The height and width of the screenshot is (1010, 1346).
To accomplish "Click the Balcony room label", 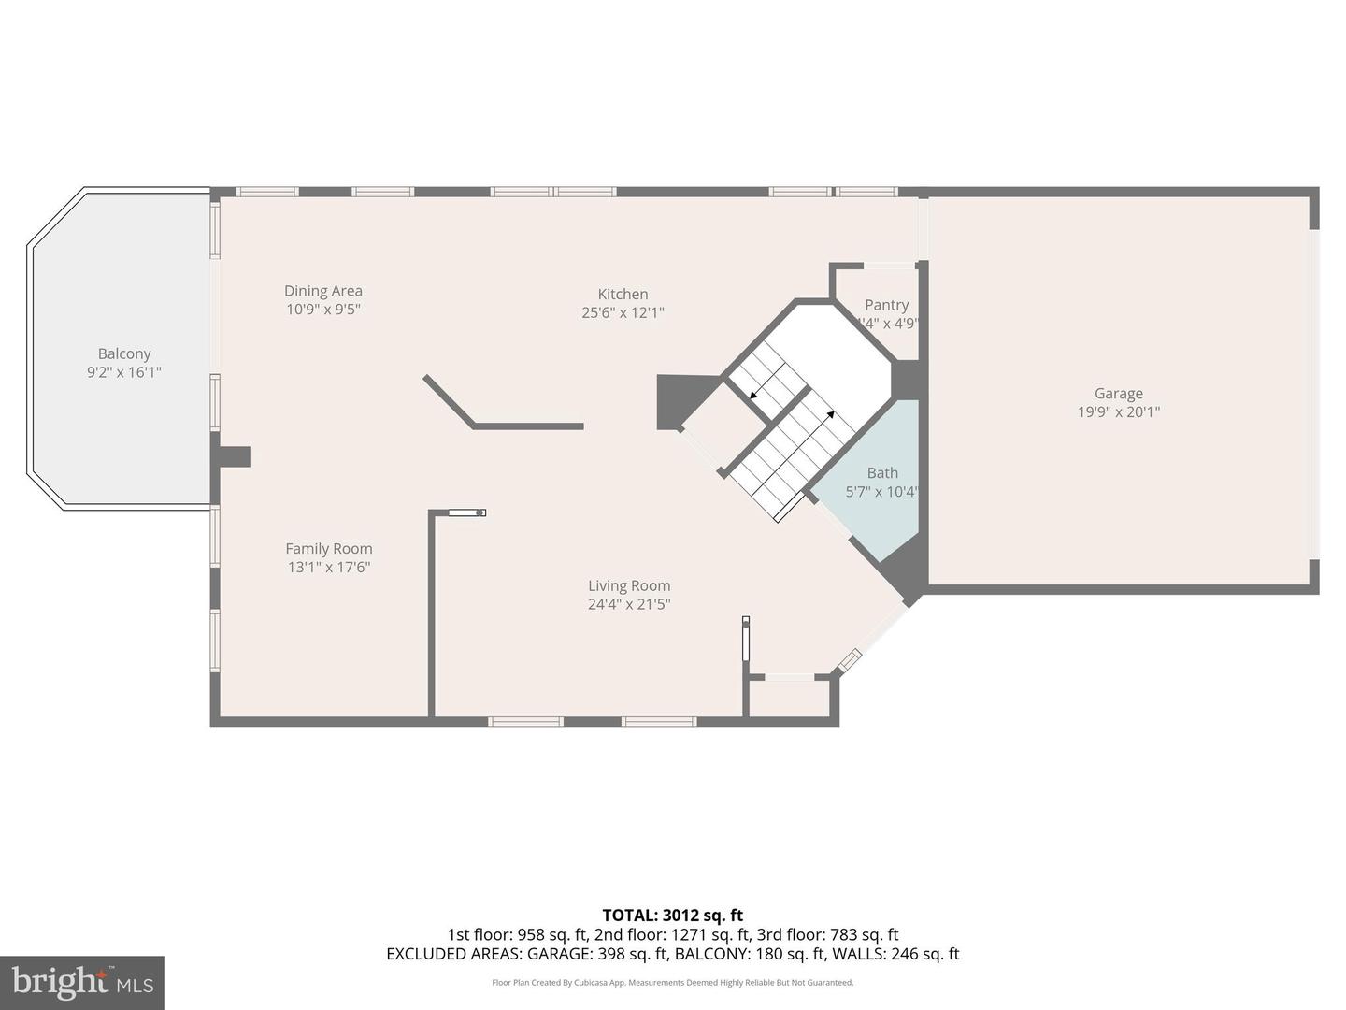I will coord(124,353).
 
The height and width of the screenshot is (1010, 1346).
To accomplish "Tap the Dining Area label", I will coord(323,291).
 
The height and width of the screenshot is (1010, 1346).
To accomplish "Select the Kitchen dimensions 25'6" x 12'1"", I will coord(623,313).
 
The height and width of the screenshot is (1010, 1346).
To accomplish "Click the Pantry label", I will coord(886,305).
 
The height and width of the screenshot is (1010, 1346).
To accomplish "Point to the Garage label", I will coord(1119,394).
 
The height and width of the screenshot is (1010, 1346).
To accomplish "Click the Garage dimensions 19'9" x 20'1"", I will coord(1119,411).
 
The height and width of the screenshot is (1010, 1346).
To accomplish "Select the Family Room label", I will coord(329,549).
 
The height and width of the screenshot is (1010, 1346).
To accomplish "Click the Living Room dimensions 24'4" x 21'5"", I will coord(629,604).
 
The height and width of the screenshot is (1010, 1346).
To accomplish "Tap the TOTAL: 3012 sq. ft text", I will coord(672,916).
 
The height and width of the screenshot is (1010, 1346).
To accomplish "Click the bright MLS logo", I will coord(82,982).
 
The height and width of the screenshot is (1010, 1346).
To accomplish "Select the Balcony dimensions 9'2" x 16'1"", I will coord(124,372).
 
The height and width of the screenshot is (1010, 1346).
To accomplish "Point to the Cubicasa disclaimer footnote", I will coord(672,983).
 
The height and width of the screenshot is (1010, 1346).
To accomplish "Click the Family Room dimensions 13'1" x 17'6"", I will coord(329,567).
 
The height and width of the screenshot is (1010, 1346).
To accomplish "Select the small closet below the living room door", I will coord(790,698).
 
